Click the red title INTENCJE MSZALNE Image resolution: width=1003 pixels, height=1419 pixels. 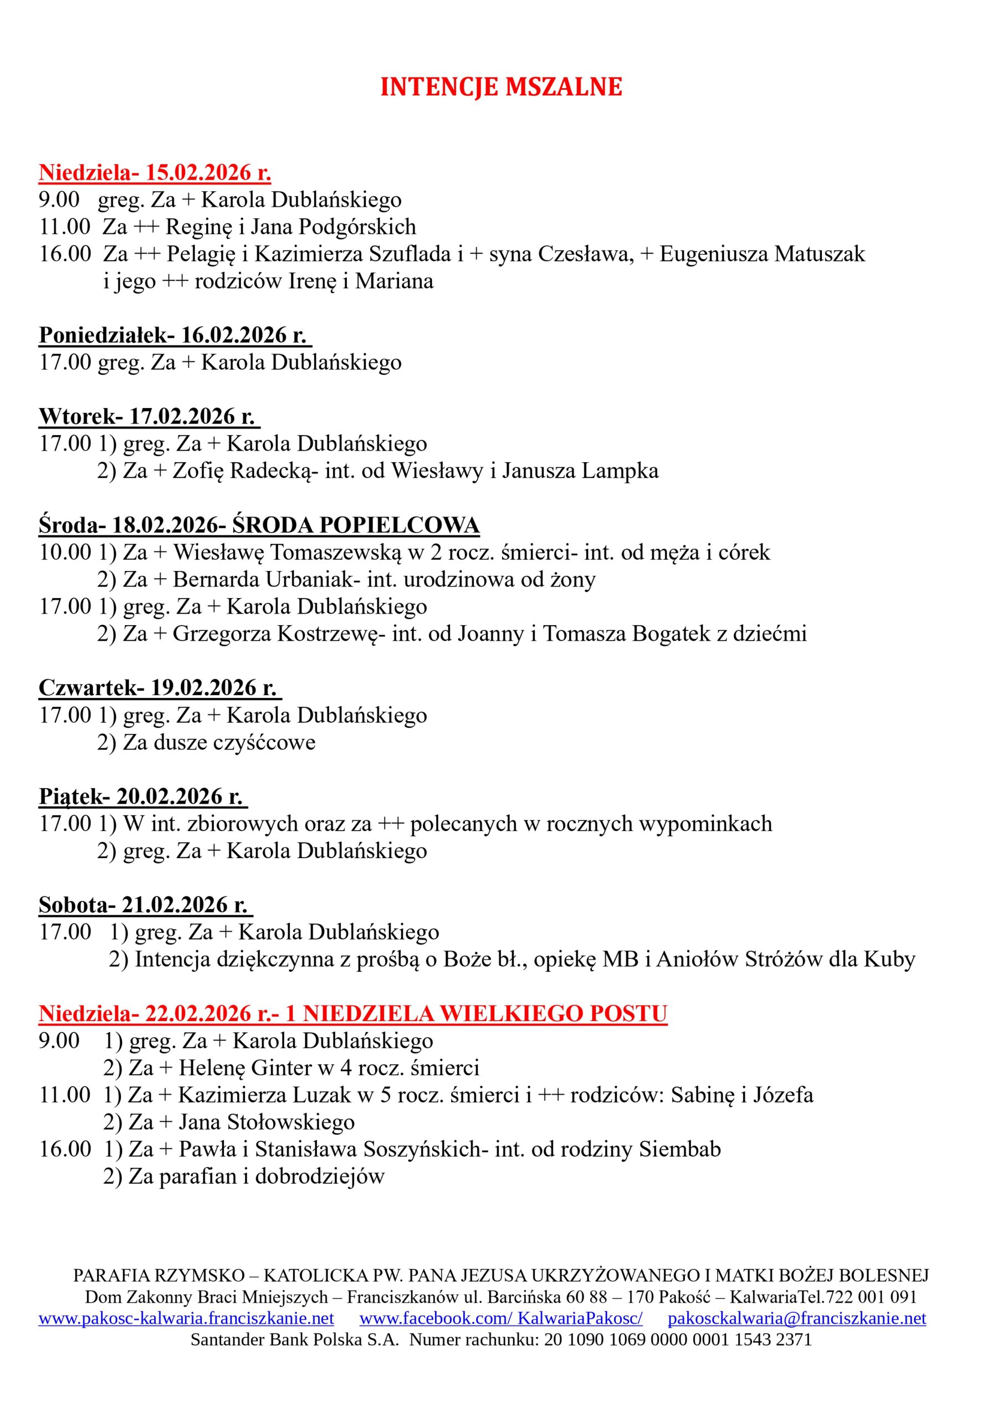[500, 87]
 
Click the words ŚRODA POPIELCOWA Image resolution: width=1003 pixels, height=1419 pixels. [356, 525]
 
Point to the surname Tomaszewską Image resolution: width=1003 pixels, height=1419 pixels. [336, 553]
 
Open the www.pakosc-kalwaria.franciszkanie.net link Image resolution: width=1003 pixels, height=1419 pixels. [186, 1318]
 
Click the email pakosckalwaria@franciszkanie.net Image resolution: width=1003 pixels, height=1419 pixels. [797, 1318]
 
